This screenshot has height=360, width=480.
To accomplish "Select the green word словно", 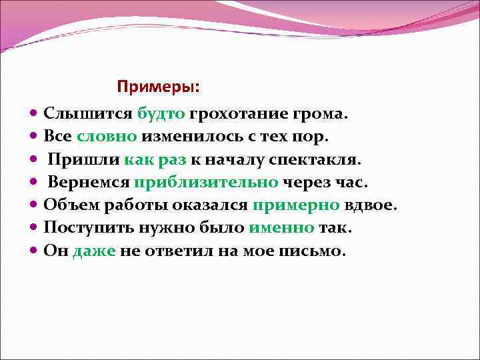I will (107, 137).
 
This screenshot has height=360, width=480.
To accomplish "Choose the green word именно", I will (281, 229).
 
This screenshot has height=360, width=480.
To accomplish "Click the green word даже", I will (95, 251).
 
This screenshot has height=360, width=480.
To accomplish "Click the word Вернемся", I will (89, 183).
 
